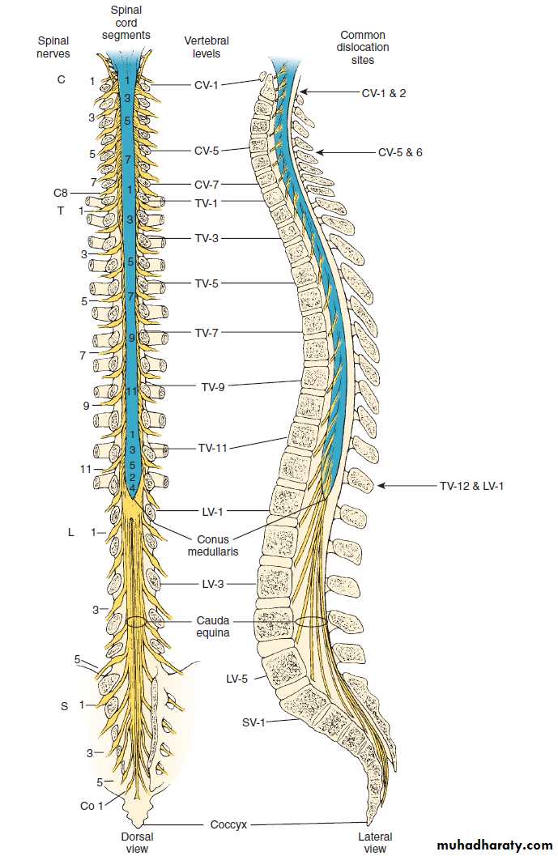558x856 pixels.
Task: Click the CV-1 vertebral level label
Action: point(206,83)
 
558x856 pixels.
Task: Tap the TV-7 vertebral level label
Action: point(207,333)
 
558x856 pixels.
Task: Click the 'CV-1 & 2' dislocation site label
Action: point(383,93)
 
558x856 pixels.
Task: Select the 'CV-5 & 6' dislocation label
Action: point(400,152)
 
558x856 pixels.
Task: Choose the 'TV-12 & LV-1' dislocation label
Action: point(472,486)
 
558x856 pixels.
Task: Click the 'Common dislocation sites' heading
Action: point(363,47)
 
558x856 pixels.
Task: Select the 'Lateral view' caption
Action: point(375,842)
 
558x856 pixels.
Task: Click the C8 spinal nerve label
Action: point(62,193)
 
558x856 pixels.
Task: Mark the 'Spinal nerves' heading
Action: point(53,47)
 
